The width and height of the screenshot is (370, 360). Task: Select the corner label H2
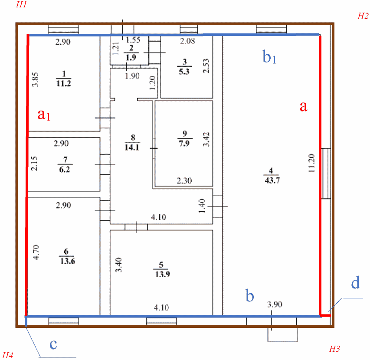(363, 16)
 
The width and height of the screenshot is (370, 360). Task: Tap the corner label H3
(334, 348)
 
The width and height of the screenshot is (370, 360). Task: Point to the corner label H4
(8, 355)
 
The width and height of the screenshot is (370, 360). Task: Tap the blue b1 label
(270, 56)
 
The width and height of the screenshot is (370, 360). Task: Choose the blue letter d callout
(355, 284)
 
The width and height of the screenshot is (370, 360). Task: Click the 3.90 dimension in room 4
(274, 304)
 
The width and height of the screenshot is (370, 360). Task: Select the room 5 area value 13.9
(160, 276)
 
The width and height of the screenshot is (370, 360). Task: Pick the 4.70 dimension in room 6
(36, 252)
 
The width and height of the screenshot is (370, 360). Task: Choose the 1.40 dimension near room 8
(201, 205)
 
